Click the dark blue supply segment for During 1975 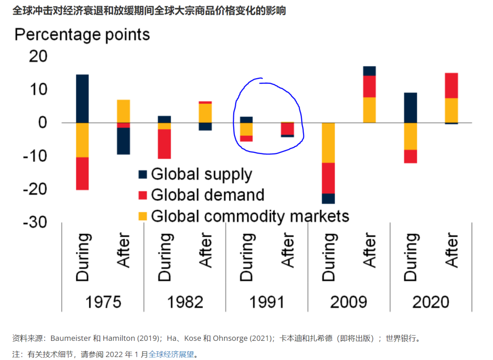(82, 98)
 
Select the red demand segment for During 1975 (82, 173)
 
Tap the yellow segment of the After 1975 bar (123, 111)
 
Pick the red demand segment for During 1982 (164, 144)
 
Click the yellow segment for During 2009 (328, 143)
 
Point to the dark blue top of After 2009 (369, 71)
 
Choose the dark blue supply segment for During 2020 (410, 107)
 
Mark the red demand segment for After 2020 (451, 85)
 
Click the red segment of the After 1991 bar (287, 128)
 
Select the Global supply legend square (143, 175)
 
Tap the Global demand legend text (208, 195)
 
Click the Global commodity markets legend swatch (143, 216)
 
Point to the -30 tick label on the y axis (35, 222)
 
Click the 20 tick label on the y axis (38, 57)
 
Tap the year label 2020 (430, 302)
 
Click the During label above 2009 (328, 257)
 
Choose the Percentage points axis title (82, 35)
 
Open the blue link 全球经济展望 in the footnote (171, 354)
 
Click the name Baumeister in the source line (71, 339)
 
